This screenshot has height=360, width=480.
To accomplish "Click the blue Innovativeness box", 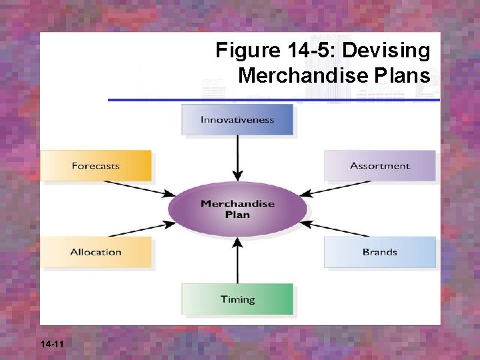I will tap(237, 120).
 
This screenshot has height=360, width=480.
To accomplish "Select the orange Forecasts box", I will tap(96, 165).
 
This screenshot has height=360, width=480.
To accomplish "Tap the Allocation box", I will tap(96, 252).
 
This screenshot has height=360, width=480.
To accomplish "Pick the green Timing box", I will tap(237, 299).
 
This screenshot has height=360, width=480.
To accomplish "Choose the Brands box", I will tap(380, 252).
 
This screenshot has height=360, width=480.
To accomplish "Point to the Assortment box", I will tap(380, 165).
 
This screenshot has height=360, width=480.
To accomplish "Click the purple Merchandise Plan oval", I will tap(237, 209).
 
